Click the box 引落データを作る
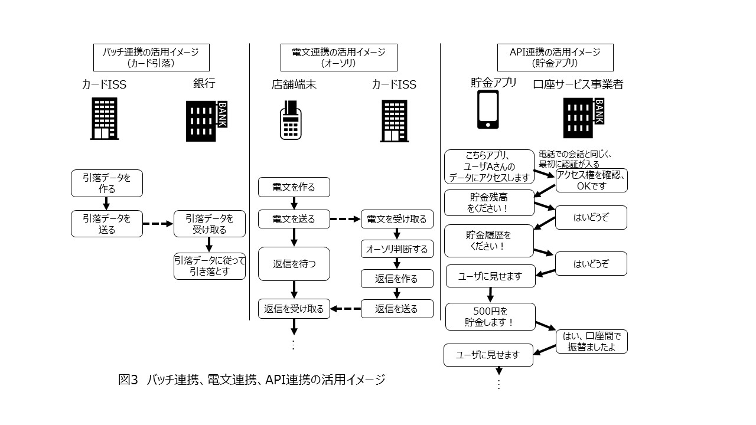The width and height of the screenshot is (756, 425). click(106, 183)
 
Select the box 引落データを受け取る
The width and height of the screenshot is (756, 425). click(209, 224)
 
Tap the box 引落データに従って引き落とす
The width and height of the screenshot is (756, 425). click(209, 266)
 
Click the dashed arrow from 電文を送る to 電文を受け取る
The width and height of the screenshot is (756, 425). click(345, 219)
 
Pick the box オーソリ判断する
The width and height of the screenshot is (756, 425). click(397, 249)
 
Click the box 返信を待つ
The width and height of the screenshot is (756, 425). click(294, 263)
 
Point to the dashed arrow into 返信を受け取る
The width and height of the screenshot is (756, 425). click(345, 308)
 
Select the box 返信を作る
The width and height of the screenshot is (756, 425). click(397, 279)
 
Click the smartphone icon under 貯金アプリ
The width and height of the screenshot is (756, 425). click(487, 110)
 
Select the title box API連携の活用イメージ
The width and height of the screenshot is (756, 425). click(556, 57)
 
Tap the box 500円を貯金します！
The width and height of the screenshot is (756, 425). click(490, 316)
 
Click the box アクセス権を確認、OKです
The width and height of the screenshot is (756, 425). click(591, 180)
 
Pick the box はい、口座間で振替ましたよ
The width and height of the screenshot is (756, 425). click(591, 341)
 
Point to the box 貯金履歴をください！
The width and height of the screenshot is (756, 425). click(488, 240)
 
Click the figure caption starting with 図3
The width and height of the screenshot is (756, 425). click(252, 380)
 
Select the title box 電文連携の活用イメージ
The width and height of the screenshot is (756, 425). click(338, 57)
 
